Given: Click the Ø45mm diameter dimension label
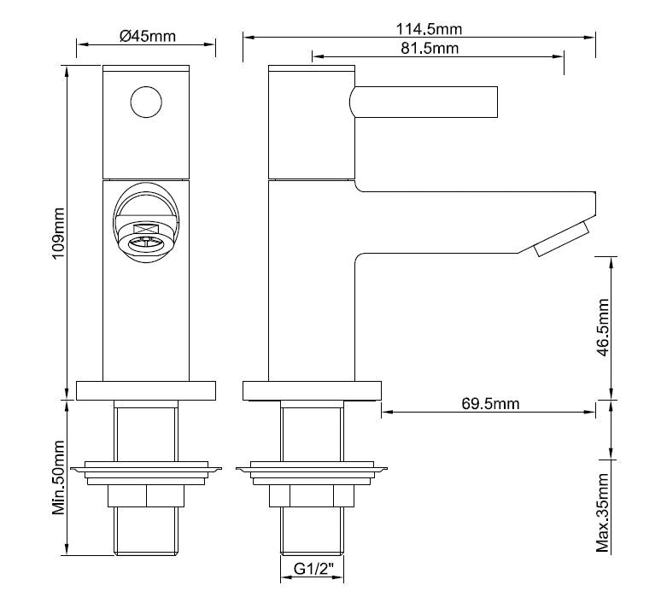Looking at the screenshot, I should (x=147, y=36).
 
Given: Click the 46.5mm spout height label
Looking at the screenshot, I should (x=603, y=327).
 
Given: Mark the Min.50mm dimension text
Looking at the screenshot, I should (x=58, y=478).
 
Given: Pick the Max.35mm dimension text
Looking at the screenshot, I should (x=603, y=512).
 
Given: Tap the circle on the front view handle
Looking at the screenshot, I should (x=147, y=102).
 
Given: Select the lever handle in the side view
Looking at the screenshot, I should (x=424, y=102).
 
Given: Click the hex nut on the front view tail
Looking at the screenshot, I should (x=146, y=495).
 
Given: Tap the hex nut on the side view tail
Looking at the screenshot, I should (x=312, y=495).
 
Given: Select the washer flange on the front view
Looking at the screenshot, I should (x=146, y=471).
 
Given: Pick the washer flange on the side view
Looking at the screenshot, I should (x=312, y=471).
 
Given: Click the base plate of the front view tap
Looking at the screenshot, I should (x=146, y=390).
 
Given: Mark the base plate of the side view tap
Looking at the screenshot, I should (x=312, y=390).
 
